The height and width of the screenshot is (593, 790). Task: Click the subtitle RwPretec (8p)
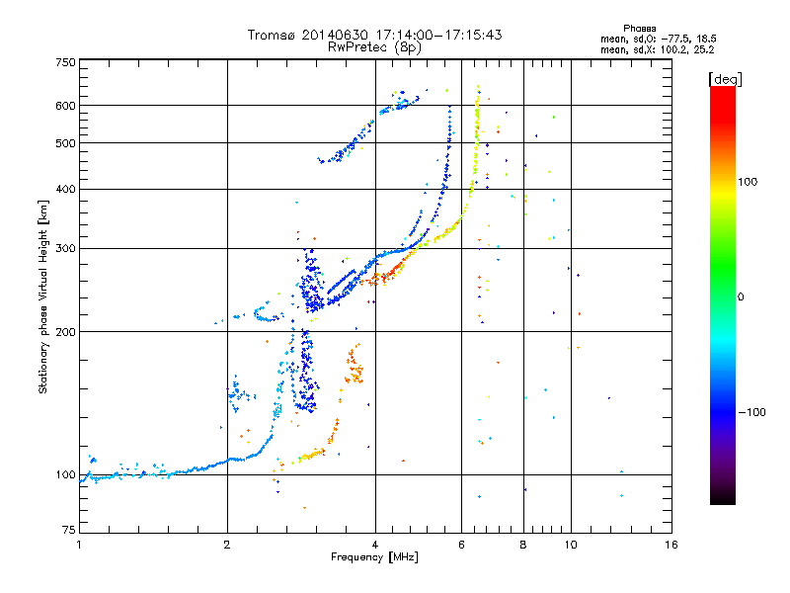(x=374, y=47)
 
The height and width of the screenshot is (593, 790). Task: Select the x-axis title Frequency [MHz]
(x=374, y=557)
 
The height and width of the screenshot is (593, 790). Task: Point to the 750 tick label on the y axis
(x=65, y=62)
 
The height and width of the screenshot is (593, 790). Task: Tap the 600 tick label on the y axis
(x=65, y=106)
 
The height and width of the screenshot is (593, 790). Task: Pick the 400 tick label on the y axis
(x=65, y=189)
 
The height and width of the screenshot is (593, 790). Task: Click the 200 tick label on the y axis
(x=65, y=332)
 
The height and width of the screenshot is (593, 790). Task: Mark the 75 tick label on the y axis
(x=69, y=530)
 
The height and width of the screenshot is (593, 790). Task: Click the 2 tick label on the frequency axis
(x=227, y=545)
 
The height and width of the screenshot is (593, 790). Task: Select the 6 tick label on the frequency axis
(x=461, y=545)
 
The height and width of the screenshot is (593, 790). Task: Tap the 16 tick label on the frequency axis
(x=671, y=545)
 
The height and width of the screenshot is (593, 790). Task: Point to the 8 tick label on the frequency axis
(x=523, y=545)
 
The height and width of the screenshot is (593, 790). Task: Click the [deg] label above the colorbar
(x=725, y=79)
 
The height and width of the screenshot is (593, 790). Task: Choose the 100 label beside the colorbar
(x=748, y=182)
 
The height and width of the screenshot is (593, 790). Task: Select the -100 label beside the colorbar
(x=751, y=412)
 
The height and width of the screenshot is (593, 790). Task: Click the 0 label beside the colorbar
(x=741, y=296)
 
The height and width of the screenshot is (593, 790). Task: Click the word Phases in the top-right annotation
(x=639, y=29)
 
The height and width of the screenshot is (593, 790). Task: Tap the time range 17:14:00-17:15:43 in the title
(x=438, y=35)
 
